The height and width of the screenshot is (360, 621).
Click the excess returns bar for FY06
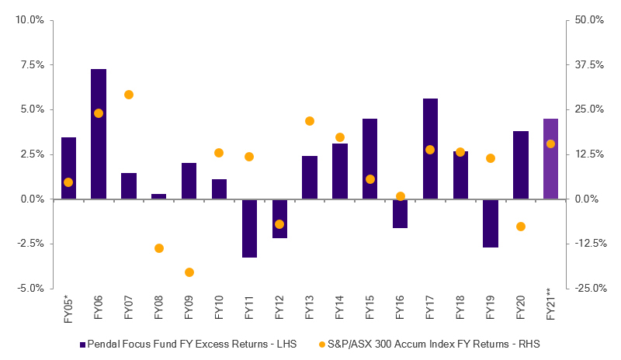pyautogui.click(x=99, y=133)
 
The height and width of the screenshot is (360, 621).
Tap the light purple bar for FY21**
pyautogui.click(x=550, y=158)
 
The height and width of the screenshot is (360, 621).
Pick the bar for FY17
pyautogui.click(x=430, y=148)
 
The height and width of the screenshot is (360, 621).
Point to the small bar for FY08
pyautogui.click(x=159, y=196)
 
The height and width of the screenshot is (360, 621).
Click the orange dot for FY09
pyautogui.click(x=189, y=272)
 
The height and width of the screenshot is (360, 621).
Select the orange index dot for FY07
pyautogui.click(x=129, y=95)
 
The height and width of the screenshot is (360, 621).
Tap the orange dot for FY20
pyautogui.click(x=521, y=227)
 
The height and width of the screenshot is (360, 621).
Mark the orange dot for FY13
pyautogui.click(x=310, y=121)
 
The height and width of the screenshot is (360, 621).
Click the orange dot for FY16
pyautogui.click(x=401, y=196)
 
